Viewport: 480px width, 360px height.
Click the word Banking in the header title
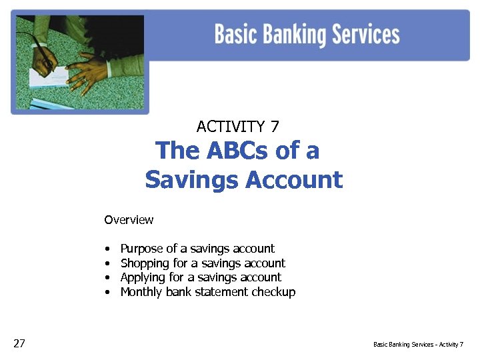pos(297,35)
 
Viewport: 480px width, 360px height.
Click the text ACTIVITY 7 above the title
pos(238,126)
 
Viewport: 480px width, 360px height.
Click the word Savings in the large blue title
pos(191,179)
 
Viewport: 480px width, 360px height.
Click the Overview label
pos(129,220)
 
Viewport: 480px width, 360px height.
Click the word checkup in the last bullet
pos(273,292)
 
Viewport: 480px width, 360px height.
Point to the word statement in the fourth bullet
pos(223,292)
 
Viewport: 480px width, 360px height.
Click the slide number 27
pos(19,343)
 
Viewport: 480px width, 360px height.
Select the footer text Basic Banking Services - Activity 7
pos(418,345)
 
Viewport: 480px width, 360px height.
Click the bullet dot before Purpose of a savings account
pos(107,249)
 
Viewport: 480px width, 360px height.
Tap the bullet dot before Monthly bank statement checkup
pos(107,293)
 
